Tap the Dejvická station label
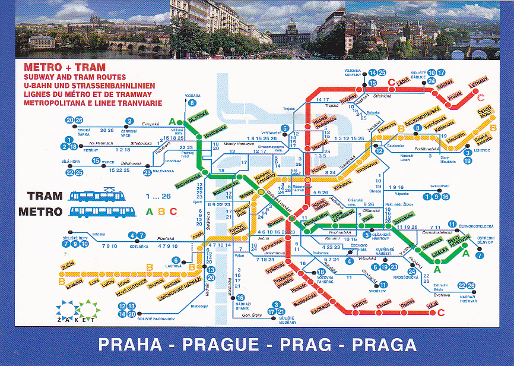coord(198,116)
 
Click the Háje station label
coord(433,307)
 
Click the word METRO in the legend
coord(40,211)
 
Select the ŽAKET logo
coord(69,312)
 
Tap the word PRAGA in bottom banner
coord(384,345)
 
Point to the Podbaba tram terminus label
coord(192,94)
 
